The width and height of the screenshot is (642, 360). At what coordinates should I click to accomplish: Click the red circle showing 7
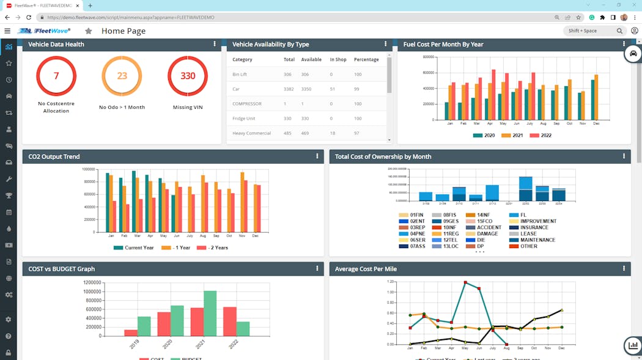pyautogui.click(x=56, y=76)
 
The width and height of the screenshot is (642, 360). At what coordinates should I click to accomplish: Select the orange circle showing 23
pyautogui.click(x=122, y=76)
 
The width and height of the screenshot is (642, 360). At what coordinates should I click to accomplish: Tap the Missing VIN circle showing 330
pyautogui.click(x=187, y=76)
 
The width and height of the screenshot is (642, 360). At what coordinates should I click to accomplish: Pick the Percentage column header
pyautogui.click(x=366, y=60)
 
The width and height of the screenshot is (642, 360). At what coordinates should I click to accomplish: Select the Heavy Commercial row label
pyautogui.click(x=251, y=133)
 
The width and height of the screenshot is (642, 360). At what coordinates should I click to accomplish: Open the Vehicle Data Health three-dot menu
pyautogui.click(x=215, y=44)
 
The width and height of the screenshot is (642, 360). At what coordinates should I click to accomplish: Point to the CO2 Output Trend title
pyautogui.click(x=54, y=156)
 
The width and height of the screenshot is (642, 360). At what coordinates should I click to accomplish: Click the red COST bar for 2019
pyautogui.click(x=131, y=332)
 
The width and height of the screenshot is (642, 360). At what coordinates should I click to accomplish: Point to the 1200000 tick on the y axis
pyautogui.click(x=88, y=282)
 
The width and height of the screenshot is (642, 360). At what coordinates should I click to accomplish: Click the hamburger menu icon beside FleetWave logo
pyautogui.click(x=7, y=31)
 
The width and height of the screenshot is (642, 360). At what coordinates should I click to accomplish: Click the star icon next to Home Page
pyautogui.click(x=89, y=31)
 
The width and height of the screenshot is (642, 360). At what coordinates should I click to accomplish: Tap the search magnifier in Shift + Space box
pyautogui.click(x=619, y=31)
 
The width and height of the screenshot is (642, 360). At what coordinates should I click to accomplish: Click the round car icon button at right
pyautogui.click(x=633, y=54)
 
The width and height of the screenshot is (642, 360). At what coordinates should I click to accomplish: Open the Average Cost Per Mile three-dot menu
pyautogui.click(x=624, y=268)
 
